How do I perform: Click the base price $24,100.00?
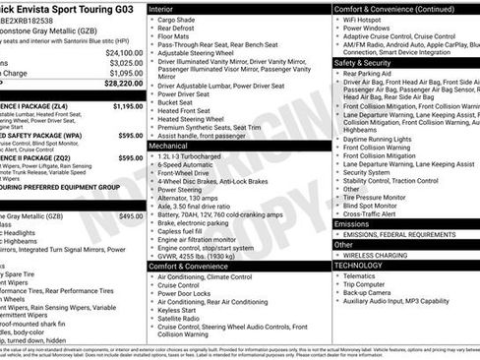click(125, 51)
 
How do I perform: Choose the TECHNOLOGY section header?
click(359, 265)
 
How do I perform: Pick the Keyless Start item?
click(180, 310)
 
